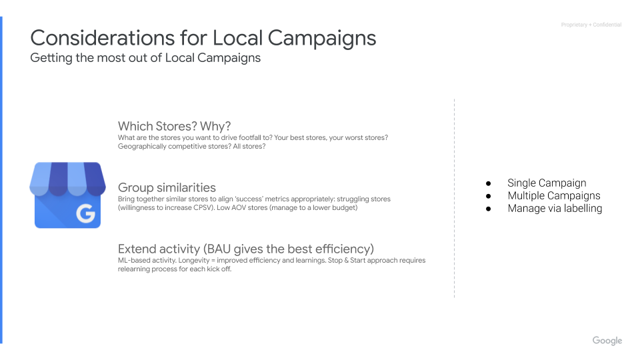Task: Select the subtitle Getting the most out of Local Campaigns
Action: pos(145,58)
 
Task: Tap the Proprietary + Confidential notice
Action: pos(591,25)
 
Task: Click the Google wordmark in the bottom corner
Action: pos(607,341)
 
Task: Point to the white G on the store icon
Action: pos(85,214)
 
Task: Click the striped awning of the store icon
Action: pos(67,179)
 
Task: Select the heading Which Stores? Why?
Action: pos(174,126)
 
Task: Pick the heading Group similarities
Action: pos(167,187)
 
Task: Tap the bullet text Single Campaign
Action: pos(547,183)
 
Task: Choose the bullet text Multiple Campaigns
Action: pos(553,195)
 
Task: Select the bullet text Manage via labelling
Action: pos(555,208)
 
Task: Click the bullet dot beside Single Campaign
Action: pos(488,183)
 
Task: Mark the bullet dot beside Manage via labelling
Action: pos(488,209)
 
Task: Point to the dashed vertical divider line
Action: pos(455,200)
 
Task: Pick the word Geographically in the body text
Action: pos(139,146)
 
